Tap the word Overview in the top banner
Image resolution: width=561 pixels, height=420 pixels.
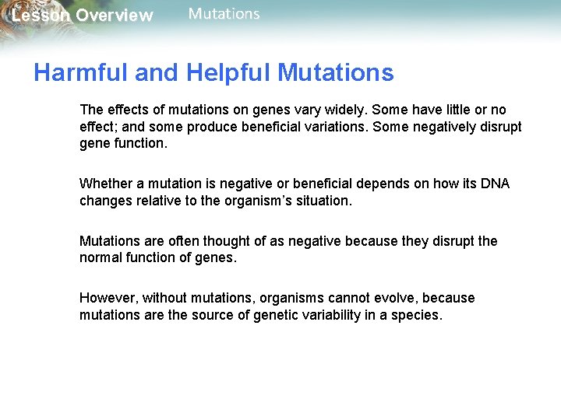pos(115,16)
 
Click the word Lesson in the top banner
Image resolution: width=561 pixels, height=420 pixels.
pos(41,16)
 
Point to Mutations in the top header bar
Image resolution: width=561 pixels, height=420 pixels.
pos(224,14)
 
